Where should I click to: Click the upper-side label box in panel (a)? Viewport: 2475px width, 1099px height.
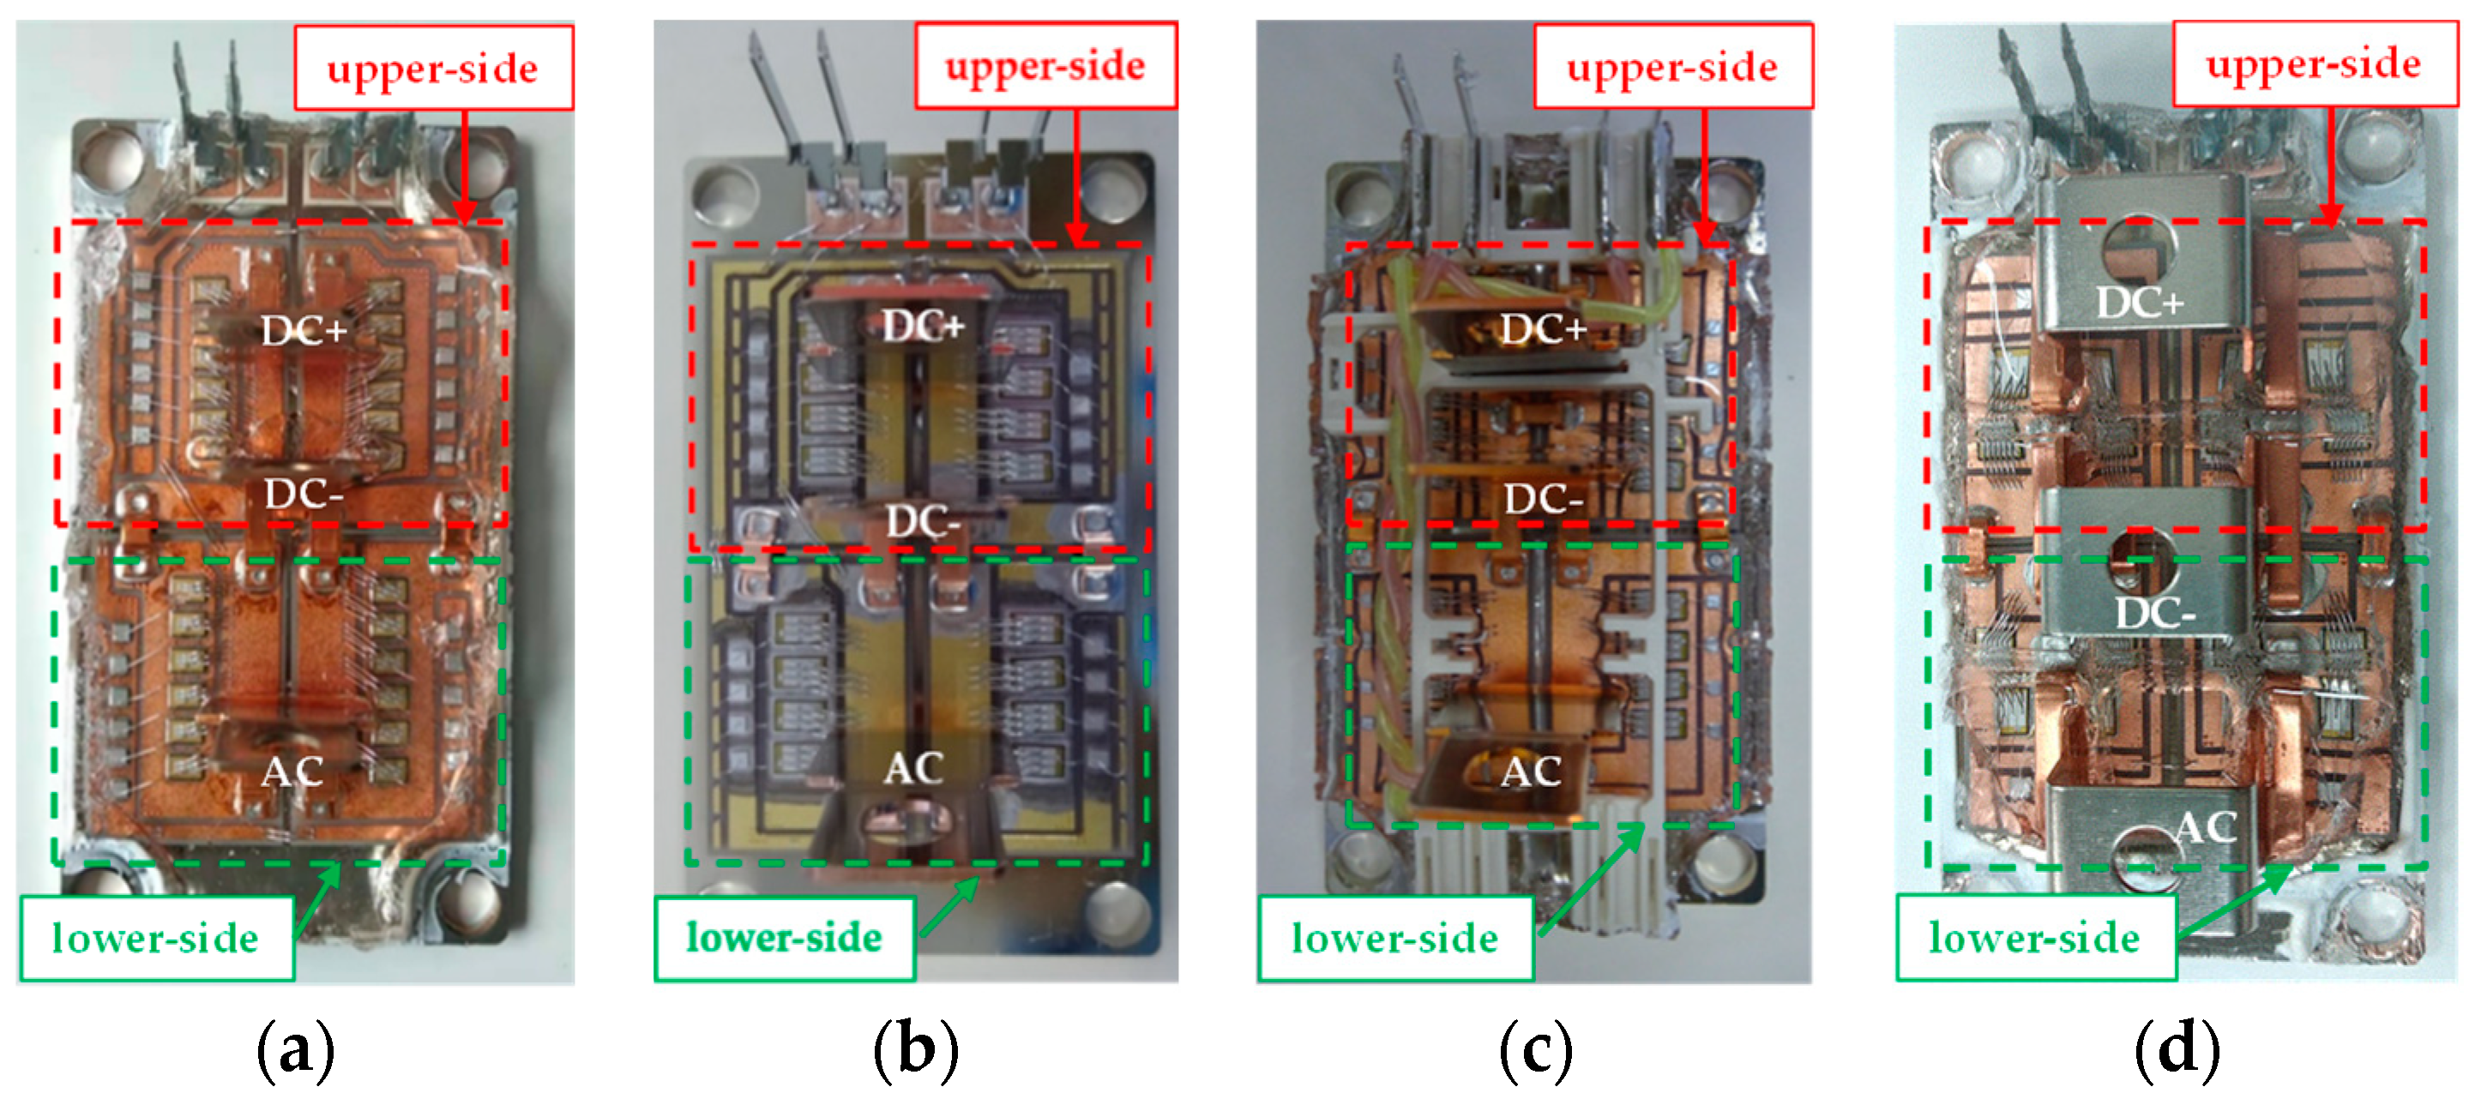pos(433,67)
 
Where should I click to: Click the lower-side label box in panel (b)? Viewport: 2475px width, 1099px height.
pos(784,938)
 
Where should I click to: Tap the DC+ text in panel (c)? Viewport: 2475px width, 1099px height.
pos(1543,329)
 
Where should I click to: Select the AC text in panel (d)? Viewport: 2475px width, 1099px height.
pos(2206,827)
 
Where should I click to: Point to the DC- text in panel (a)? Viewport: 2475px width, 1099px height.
pos(304,495)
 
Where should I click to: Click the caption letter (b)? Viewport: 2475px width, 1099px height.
pos(916,1049)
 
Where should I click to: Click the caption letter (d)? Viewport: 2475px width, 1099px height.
pos(2177,1049)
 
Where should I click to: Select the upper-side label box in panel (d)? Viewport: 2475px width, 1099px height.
pos(2314,63)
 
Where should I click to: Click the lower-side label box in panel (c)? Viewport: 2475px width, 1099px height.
pos(1395,938)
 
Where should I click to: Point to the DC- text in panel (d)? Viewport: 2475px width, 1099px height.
pos(2154,613)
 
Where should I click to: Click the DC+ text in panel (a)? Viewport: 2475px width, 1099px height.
pos(304,332)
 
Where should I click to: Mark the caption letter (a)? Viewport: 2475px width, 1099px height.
pos(295,1049)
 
